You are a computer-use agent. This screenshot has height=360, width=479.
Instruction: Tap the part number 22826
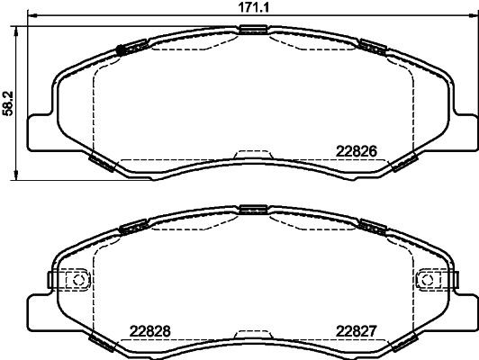coord(355,151)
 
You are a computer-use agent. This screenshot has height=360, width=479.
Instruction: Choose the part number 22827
coord(355,328)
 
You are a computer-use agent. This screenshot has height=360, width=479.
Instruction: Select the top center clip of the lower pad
coord(253,211)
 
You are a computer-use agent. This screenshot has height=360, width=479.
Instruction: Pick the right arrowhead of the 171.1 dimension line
coord(472,16)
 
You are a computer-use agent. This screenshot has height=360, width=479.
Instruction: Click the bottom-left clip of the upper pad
coord(102,162)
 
